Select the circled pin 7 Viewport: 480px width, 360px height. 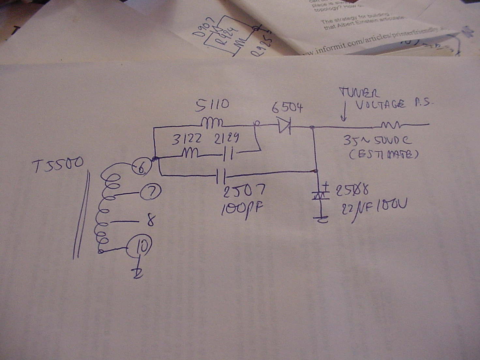point(150,192)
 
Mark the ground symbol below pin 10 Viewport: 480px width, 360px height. point(138,273)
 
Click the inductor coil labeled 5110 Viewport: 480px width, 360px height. point(212,123)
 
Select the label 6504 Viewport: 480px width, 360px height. point(287,107)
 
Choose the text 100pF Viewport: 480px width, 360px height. point(242,209)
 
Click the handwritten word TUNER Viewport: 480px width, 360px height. point(359,93)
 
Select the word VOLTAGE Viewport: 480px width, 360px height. point(380,105)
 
